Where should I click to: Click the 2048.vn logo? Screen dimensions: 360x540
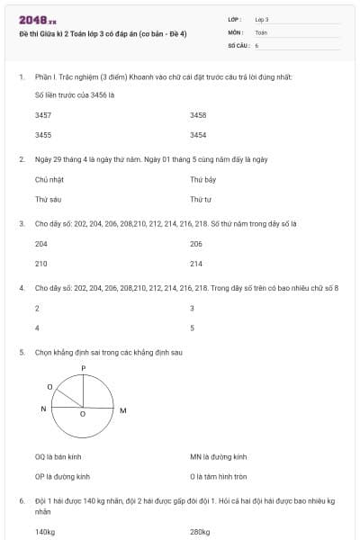click(x=38, y=19)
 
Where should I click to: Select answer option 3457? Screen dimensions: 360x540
click(x=42, y=116)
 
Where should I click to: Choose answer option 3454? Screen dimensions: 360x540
click(x=198, y=135)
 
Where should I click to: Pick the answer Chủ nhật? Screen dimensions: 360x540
click(x=49, y=180)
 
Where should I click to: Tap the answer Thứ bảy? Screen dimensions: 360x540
click(x=202, y=180)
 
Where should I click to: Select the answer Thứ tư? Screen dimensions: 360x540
click(x=200, y=199)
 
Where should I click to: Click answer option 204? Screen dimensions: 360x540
click(x=41, y=244)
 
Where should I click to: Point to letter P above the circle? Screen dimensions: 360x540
click(x=83, y=368)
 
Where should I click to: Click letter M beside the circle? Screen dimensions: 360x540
click(x=122, y=410)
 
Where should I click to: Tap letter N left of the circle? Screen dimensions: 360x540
click(x=43, y=409)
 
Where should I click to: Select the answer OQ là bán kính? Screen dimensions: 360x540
click(x=58, y=457)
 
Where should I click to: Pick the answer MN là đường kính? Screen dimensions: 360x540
click(x=218, y=457)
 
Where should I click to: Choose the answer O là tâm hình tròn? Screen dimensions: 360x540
click(x=219, y=476)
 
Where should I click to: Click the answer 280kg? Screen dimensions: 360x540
click(x=200, y=532)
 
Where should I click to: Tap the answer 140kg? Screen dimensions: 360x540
click(x=45, y=532)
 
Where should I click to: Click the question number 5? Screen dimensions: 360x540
click(x=22, y=352)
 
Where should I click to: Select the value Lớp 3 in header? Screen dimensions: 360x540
click(x=262, y=19)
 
